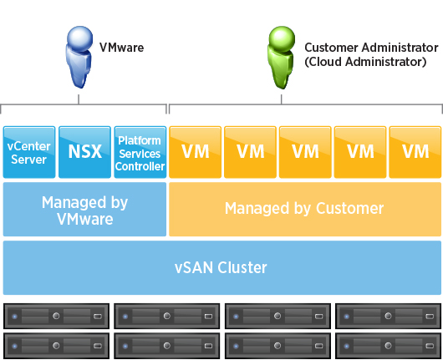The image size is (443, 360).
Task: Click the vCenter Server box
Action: pyautogui.click(x=29, y=152)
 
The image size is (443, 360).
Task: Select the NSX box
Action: pyautogui.click(x=84, y=152)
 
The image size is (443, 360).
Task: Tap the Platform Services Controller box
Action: pyautogui.click(x=140, y=152)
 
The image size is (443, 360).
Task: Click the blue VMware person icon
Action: pyautogui.click(x=79, y=57)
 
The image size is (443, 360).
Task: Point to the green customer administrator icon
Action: pyautogui.click(x=282, y=58)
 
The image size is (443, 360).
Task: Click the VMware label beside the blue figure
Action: pyautogui.click(x=121, y=48)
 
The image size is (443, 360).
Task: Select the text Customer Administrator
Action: pyautogui.click(x=371, y=48)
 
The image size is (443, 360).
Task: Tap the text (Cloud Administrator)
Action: pyautogui.click(x=365, y=62)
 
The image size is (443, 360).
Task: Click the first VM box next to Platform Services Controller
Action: pyautogui.click(x=196, y=152)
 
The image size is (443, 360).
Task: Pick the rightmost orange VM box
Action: pyautogui.click(x=415, y=152)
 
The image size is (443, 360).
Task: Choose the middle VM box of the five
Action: pyautogui.click(x=305, y=152)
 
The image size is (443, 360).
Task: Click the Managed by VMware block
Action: pyautogui.click(x=84, y=209)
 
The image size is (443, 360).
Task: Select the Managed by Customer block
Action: pyautogui.click(x=305, y=209)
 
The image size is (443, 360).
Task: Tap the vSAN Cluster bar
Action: pyautogui.click(x=222, y=267)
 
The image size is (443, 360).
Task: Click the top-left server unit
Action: pyautogui.click(x=56, y=316)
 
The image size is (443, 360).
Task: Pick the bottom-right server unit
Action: pyautogui.click(x=388, y=346)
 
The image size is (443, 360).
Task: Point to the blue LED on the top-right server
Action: pyautogui.click(x=346, y=317)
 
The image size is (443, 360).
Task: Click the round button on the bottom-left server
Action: pyautogui.click(x=56, y=346)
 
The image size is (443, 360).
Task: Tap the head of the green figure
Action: pyautogui.click(x=282, y=38)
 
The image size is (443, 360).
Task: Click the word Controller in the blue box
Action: pyautogui.click(x=140, y=166)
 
